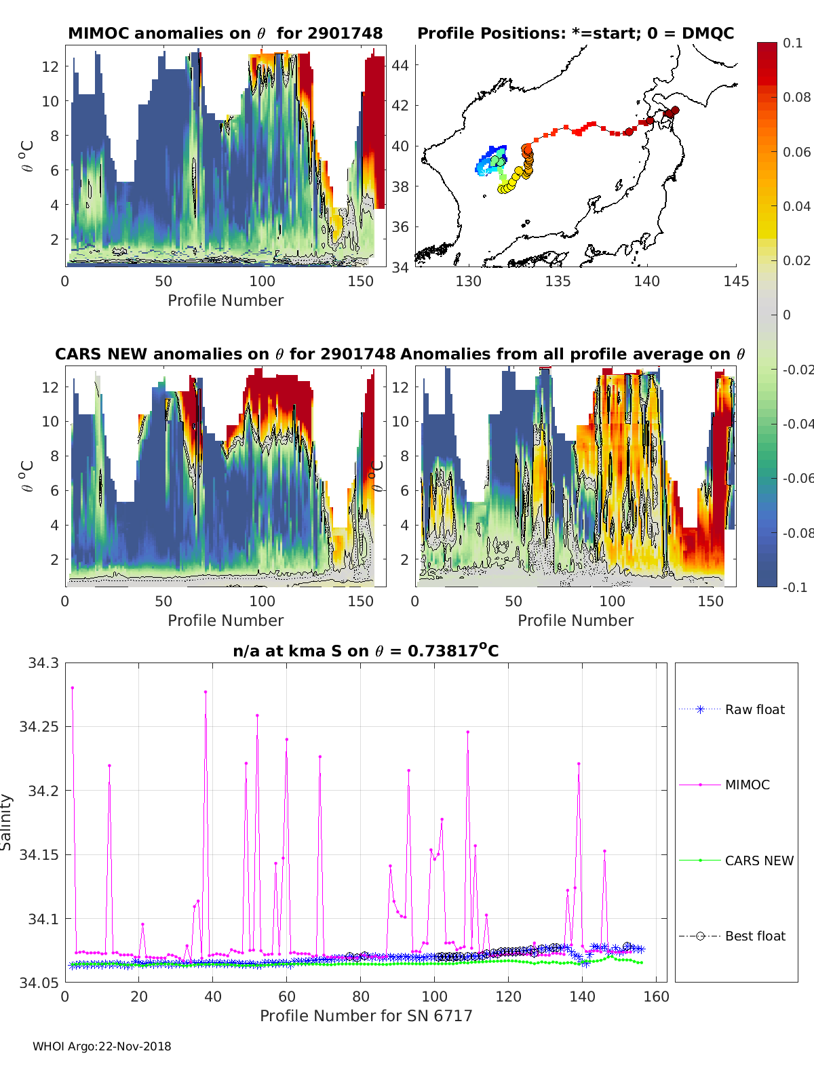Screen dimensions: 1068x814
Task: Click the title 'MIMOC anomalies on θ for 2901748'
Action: pos(225,33)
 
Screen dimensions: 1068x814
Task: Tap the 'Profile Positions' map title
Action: pos(575,33)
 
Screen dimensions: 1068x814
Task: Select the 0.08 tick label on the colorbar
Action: pos(796,97)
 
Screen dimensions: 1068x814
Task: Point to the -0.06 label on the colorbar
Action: pos(798,478)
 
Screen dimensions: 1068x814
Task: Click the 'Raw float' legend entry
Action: pos(754,709)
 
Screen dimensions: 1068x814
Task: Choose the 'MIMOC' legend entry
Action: pos(747,785)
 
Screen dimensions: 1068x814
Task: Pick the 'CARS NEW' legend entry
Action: pos(759,861)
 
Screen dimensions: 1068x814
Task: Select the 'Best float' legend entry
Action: pos(755,936)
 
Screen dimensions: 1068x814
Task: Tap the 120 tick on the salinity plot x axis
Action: pos(508,996)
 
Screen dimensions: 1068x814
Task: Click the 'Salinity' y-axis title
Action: pos(7,822)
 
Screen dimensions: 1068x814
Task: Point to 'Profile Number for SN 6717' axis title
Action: pos(366,1016)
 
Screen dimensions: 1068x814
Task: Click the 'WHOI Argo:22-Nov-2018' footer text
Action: pos(102,1046)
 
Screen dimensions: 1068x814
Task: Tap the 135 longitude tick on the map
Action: pos(558,281)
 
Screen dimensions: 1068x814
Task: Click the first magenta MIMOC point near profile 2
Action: pos(73,688)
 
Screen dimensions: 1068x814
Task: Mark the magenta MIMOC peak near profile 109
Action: pos(468,732)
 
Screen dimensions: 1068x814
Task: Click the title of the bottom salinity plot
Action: pos(366,651)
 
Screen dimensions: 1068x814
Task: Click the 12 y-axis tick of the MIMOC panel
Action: pos(50,66)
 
